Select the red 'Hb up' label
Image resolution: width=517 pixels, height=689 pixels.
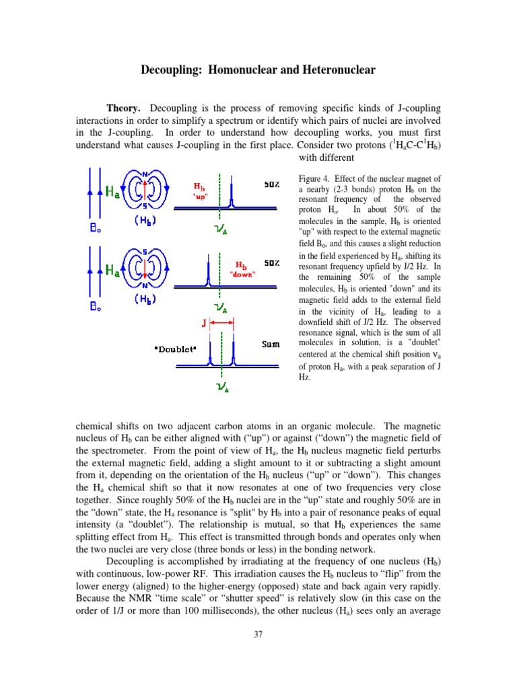(x=201, y=189)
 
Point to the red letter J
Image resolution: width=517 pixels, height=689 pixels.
(x=203, y=323)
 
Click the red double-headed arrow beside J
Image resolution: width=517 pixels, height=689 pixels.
(x=221, y=323)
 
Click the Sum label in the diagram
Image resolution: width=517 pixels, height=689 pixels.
(x=271, y=344)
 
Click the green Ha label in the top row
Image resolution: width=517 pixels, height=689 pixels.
(x=114, y=192)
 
